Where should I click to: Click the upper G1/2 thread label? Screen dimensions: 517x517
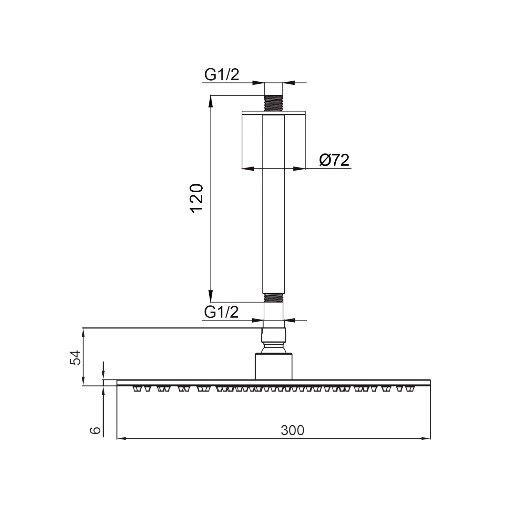pyautogui.click(x=221, y=74)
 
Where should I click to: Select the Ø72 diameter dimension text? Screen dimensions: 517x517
pyautogui.click(x=334, y=160)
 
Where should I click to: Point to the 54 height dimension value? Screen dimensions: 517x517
pyautogui.click(x=75, y=357)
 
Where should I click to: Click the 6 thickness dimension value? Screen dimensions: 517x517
pyautogui.click(x=95, y=430)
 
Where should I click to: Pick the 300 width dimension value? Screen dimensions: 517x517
pyautogui.click(x=292, y=430)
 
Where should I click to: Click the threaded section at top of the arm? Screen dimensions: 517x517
pyautogui.click(x=273, y=103)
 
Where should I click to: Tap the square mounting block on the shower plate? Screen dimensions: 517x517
pyautogui.click(x=274, y=366)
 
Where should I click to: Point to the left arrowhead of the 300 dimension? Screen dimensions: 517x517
pyautogui.click(x=121, y=439)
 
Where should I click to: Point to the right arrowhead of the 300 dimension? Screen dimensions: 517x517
pyautogui.click(x=427, y=439)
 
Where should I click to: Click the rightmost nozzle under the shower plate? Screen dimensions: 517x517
pyautogui.click(x=410, y=389)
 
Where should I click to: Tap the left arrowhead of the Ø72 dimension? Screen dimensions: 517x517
pyautogui.click(x=247, y=169)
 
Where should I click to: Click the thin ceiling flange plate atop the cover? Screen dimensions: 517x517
pyautogui.click(x=274, y=113)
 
